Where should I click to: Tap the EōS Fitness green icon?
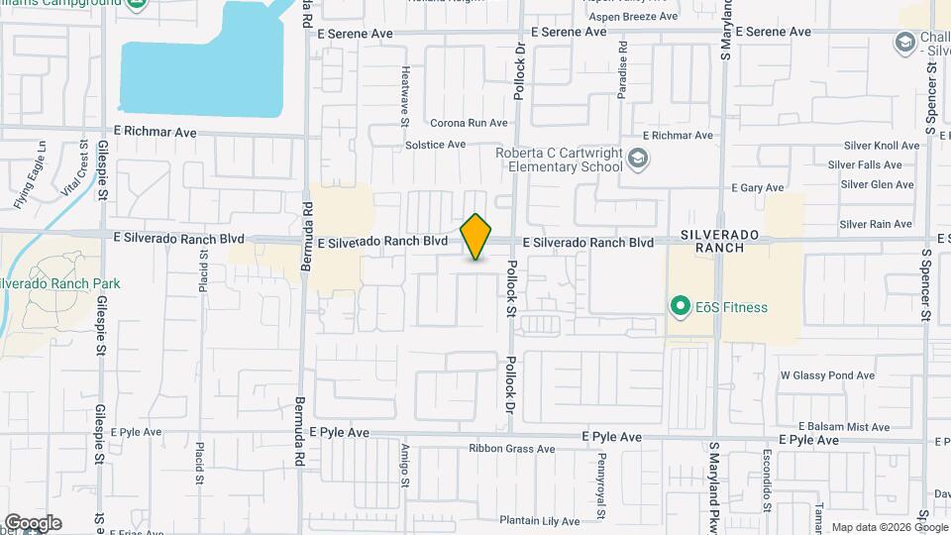[x=680, y=307]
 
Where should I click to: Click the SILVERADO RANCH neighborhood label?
[x=720, y=240]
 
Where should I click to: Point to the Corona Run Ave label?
[x=469, y=124]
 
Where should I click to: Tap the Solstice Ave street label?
[x=435, y=145]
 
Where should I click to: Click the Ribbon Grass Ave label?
[x=511, y=449]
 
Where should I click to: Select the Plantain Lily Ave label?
[x=539, y=521]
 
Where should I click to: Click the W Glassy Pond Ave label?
[x=827, y=376]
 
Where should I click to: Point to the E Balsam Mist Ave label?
[x=842, y=427]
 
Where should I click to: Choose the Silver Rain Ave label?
[x=876, y=225]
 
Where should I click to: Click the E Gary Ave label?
[x=757, y=188]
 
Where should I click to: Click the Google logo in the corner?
[x=32, y=523]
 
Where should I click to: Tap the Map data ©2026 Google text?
[x=889, y=527]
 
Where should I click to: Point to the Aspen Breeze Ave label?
[x=633, y=18]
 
